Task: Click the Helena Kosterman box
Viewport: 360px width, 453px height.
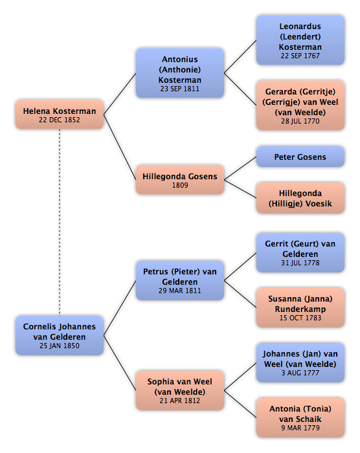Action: click(60, 115)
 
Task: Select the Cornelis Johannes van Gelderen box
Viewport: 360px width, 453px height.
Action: click(60, 335)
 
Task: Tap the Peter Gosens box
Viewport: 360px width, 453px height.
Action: click(300, 157)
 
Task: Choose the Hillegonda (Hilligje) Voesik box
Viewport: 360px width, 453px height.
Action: click(300, 198)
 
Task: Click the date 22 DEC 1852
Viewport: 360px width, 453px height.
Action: click(60, 120)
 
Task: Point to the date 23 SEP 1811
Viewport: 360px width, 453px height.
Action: click(180, 89)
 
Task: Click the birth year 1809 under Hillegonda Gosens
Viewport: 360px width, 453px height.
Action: click(180, 185)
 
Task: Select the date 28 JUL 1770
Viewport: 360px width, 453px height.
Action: click(300, 121)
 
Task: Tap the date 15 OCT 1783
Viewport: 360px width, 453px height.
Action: click(300, 318)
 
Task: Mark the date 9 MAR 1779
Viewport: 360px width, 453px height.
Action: click(300, 428)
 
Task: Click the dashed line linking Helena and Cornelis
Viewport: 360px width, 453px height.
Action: click(60, 222)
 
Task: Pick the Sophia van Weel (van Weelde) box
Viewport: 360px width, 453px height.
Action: click(180, 390)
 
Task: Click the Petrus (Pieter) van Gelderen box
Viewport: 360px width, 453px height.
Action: click(180, 280)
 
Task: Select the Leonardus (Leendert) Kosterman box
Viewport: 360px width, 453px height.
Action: click(300, 40)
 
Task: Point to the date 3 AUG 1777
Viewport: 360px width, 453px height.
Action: click(300, 373)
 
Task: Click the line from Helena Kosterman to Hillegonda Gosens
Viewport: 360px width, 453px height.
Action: click(120, 147)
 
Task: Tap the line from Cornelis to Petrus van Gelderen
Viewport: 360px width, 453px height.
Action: click(120, 308)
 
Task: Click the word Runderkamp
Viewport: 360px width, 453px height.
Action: click(300, 309)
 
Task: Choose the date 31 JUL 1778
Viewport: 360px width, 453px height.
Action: click(300, 263)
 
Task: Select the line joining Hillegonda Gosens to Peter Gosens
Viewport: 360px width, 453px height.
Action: click(240, 168)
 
